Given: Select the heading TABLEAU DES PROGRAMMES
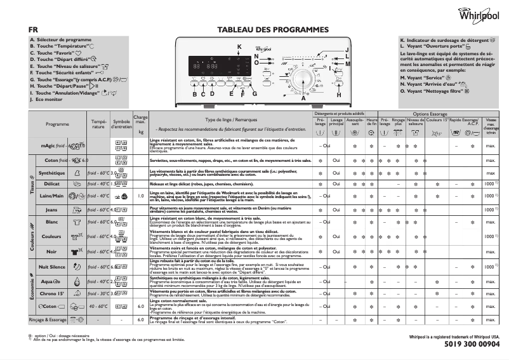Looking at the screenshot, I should (273, 30).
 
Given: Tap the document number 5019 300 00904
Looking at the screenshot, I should (468, 345).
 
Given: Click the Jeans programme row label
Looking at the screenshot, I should (51, 209).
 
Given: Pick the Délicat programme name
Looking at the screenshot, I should (51, 184).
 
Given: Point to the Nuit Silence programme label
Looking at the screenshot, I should (52, 267).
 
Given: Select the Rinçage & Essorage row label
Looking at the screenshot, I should (48, 319).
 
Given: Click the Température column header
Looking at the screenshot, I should (99, 124).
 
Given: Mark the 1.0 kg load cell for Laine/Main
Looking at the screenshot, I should (140, 196).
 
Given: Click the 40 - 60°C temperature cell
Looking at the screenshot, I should (98, 306).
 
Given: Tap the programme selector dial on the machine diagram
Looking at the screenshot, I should (303, 81).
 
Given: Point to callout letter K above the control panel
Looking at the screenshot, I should (239, 48).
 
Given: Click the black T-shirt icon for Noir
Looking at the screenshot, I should (76, 251).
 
